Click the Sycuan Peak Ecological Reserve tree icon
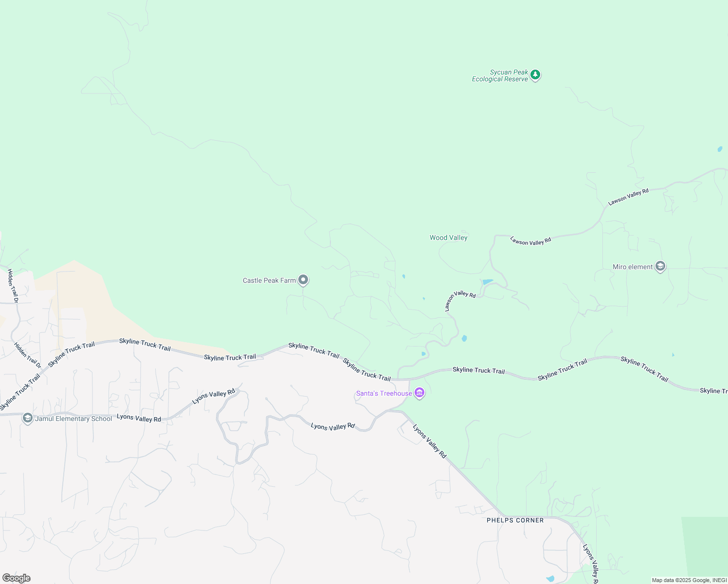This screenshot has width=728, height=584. tap(535, 75)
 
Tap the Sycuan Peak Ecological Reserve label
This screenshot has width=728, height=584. tap(500, 75)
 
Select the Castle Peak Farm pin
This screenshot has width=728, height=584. tap(303, 280)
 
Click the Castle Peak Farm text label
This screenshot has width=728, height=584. tap(269, 280)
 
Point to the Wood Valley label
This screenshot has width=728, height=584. tap(448, 237)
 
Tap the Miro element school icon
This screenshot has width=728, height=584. tap(660, 266)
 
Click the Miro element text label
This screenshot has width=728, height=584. tap(633, 267)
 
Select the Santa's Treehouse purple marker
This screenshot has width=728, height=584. tap(419, 393)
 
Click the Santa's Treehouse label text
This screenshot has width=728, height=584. tap(384, 393)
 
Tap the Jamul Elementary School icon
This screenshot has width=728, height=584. tap(28, 418)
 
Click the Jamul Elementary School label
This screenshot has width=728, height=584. tap(73, 419)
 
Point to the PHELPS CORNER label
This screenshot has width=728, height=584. tap(515, 520)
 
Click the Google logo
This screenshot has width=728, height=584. tap(17, 578)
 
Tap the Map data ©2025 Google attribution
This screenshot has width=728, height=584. tap(689, 580)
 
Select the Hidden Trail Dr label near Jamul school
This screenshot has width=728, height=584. tap(28, 355)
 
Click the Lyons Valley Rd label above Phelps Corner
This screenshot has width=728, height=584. tap(430, 441)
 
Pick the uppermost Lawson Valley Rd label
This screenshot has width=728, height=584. tap(628, 197)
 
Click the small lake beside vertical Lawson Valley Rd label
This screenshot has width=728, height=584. tap(487, 282)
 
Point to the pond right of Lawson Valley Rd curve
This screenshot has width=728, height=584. tap(464, 338)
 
